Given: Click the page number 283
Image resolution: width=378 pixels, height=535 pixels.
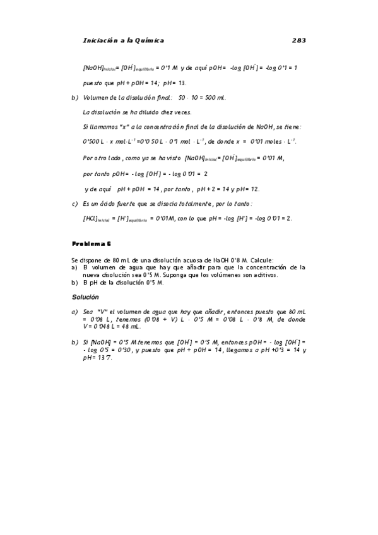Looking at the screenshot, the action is pos(298,40).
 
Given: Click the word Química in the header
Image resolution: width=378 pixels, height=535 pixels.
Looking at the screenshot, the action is pos(145,40).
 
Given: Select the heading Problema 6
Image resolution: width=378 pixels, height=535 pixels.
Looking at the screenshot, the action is pos(92,243).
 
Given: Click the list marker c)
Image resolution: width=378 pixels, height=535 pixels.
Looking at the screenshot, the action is pos(74,203).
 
